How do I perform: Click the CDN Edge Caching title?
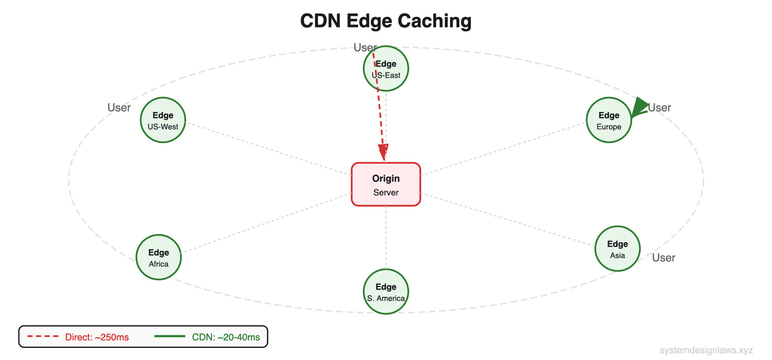[386, 21]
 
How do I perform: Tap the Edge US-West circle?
[163, 120]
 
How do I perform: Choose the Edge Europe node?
[608, 120]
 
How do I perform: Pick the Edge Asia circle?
[617, 249]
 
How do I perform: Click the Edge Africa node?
[159, 257]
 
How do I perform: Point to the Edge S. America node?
[386, 291]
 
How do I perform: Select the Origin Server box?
[386, 184]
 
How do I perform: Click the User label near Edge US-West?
[119, 108]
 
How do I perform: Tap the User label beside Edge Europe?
[660, 108]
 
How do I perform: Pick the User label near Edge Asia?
[663, 258]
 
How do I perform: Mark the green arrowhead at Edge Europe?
[639, 107]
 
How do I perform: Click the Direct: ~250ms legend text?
[97, 337]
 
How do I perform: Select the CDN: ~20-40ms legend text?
[226, 337]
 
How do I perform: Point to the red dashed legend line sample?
[42, 336]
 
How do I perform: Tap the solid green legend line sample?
[169, 336]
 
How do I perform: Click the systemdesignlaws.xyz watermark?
[706, 350]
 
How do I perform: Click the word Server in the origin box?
[386, 193]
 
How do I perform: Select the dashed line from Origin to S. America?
[386, 236]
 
